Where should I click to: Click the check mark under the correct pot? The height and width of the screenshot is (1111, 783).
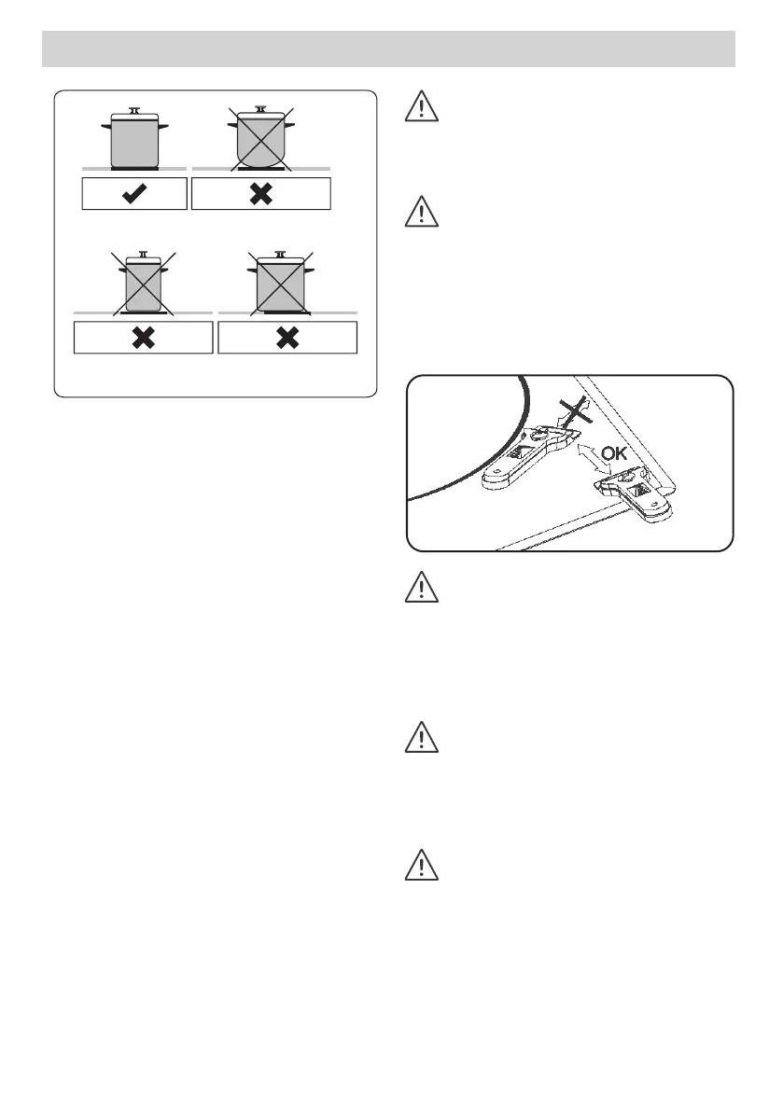tap(133, 194)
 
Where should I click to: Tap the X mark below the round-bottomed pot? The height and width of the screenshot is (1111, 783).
tap(260, 194)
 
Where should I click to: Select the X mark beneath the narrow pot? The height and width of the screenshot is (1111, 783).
tap(143, 338)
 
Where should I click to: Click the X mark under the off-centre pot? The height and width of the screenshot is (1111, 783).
tap(287, 338)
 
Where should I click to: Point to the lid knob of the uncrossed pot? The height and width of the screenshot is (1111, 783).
tap(133, 111)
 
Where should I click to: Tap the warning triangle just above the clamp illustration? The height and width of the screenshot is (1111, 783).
tap(422, 214)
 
